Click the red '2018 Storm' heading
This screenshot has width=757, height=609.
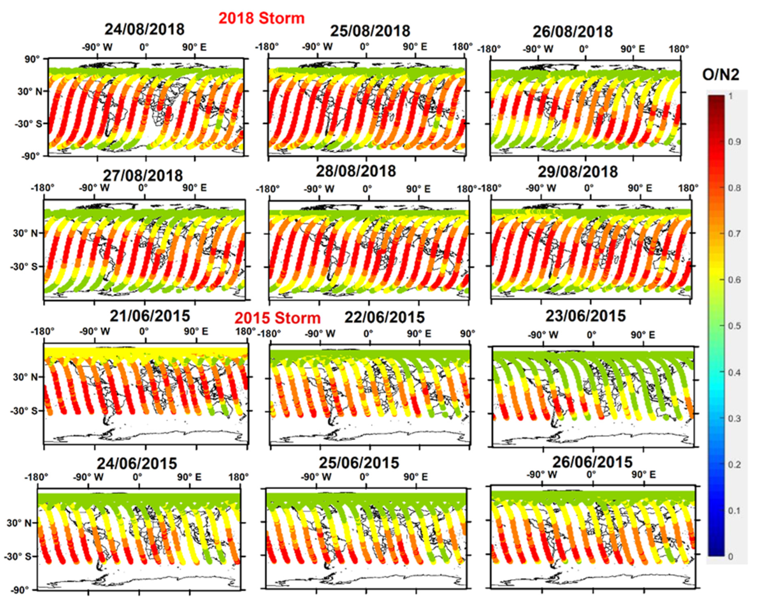click(x=262, y=18)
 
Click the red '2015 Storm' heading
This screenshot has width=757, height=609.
click(x=277, y=318)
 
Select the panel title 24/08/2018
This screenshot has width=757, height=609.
click(x=144, y=29)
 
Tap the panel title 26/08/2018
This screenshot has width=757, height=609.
click(x=573, y=32)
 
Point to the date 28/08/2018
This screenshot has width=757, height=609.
click(x=356, y=171)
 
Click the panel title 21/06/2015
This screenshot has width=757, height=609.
click(x=150, y=316)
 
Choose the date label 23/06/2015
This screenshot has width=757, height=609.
click(x=585, y=316)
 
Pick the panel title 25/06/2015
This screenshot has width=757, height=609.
click(x=359, y=463)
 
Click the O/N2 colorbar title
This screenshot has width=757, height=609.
click(x=721, y=75)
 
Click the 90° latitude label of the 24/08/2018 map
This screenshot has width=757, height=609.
click(x=32, y=59)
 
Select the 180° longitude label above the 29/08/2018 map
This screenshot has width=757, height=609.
click(x=688, y=189)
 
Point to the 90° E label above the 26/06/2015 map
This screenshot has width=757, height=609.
click(x=643, y=475)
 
